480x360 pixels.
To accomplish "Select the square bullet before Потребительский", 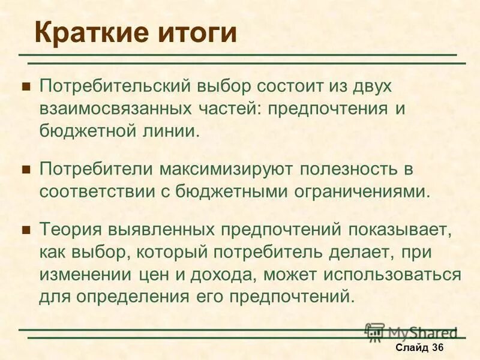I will point(26,86).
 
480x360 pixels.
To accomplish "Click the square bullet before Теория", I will point(26,230).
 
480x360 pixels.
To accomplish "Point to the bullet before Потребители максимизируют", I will point(26,170).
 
